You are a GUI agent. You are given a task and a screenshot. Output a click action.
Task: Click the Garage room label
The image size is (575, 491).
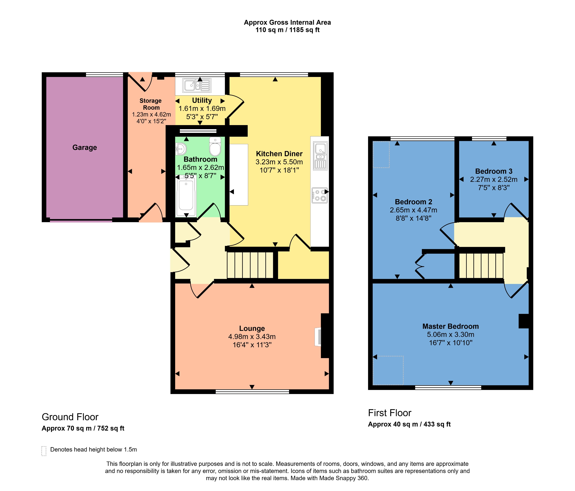[85, 147]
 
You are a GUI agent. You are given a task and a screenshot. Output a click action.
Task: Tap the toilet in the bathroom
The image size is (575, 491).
[215, 147]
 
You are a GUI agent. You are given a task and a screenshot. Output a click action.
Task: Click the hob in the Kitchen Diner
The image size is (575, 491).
[320, 195]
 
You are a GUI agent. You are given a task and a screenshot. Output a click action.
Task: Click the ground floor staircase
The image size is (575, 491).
[251, 265]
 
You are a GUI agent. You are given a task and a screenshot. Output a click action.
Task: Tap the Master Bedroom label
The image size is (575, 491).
[450, 326]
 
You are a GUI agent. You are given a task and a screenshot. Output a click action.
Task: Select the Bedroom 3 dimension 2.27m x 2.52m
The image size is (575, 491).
[494, 179]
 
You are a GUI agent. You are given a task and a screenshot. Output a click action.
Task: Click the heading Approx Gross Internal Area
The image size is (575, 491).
[287, 22]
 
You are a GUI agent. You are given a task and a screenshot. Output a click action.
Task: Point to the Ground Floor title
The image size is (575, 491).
[70, 417]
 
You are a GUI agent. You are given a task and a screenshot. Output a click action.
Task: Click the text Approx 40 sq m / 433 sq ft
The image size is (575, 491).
[409, 424]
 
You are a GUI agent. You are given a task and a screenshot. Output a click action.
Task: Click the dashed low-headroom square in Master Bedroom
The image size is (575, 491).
[388, 370]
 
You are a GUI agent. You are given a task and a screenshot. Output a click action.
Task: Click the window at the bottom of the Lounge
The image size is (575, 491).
[252, 391]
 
